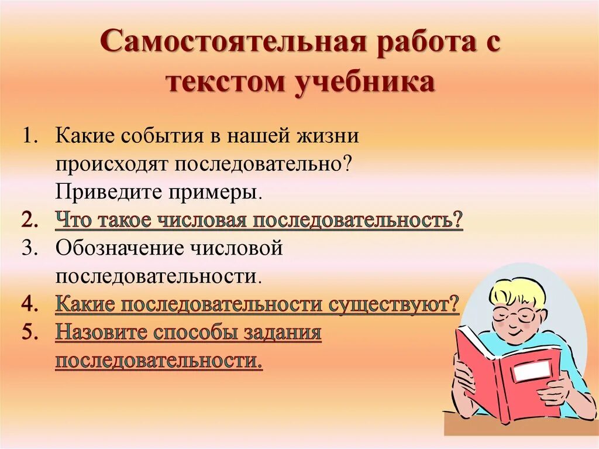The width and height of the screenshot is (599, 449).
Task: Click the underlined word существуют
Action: point(395,304)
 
